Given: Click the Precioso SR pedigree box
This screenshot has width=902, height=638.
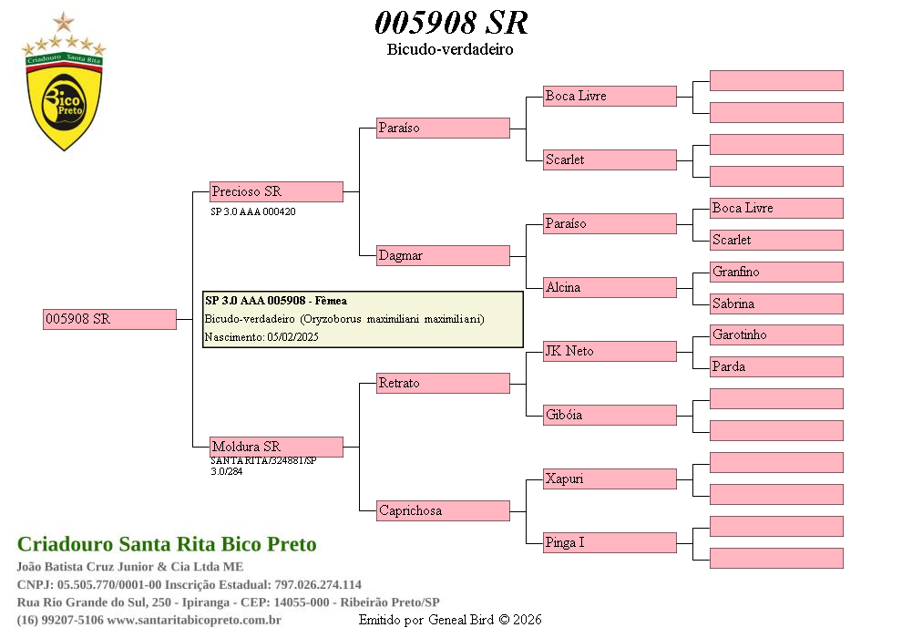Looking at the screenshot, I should pyautogui.click(x=276, y=191).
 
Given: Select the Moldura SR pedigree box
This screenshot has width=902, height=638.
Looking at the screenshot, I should pyautogui.click(x=276, y=447).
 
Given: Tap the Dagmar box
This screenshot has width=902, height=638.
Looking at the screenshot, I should pyautogui.click(x=443, y=255).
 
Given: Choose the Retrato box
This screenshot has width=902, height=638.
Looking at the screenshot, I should pyautogui.click(x=443, y=383).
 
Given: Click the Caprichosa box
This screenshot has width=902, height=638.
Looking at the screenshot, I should pyautogui.click(x=443, y=510).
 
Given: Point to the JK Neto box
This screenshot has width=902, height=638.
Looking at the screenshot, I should pyautogui.click(x=610, y=351).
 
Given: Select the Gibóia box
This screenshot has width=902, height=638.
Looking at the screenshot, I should pyautogui.click(x=610, y=415).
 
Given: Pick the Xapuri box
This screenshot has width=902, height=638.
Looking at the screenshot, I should pyautogui.click(x=610, y=478).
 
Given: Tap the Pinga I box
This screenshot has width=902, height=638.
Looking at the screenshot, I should pyautogui.click(x=610, y=542).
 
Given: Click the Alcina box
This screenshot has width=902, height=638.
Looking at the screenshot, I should pyautogui.click(x=610, y=287).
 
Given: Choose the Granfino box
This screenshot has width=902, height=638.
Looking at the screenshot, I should pyautogui.click(x=776, y=272).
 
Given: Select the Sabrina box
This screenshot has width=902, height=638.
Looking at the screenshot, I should pyautogui.click(x=776, y=304).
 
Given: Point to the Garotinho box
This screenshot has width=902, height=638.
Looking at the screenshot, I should pyautogui.click(x=776, y=334).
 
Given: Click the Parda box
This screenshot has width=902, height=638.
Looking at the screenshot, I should pyautogui.click(x=776, y=366).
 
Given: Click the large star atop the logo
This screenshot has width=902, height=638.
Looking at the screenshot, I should pyautogui.click(x=64, y=22).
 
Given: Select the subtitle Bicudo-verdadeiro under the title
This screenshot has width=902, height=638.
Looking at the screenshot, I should pyautogui.click(x=450, y=49).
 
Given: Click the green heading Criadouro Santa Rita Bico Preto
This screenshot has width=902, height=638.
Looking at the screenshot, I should pyautogui.click(x=167, y=544).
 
